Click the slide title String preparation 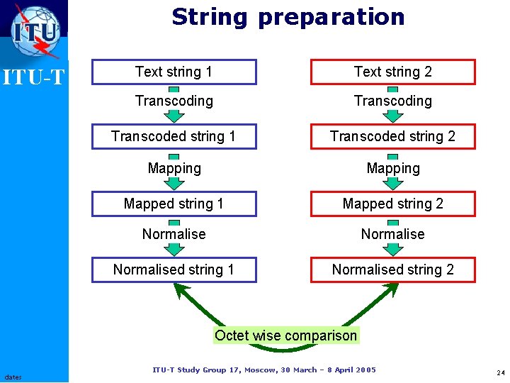[288, 17]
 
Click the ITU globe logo [35, 30]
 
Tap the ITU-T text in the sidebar [33, 76]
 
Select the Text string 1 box [174, 72]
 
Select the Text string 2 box [393, 72]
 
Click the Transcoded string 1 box [174, 136]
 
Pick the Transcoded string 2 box [393, 136]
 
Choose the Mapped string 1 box [174, 204]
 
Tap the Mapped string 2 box [393, 204]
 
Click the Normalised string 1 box [174, 270]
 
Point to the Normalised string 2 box [393, 270]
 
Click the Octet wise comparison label [286, 335]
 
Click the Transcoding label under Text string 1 [174, 101]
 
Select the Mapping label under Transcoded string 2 [393, 168]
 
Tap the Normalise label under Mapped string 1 [174, 234]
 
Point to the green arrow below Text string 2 [392, 114]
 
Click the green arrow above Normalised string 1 [174, 248]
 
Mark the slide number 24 [500, 373]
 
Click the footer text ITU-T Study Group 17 [264, 370]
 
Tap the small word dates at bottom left [13, 377]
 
